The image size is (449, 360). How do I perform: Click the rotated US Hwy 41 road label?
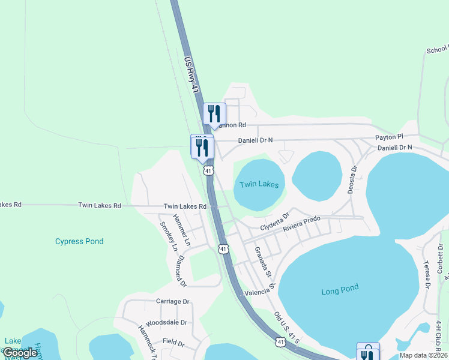click(x=191, y=74)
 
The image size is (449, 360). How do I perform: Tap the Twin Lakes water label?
click(x=259, y=184)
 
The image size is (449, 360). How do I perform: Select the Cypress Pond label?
click(x=79, y=241)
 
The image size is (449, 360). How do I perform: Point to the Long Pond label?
click(x=340, y=290)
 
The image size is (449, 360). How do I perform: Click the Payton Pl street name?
click(x=390, y=137)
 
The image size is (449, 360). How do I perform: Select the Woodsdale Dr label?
click(x=166, y=322)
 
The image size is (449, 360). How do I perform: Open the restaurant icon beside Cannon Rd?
click(x=214, y=114)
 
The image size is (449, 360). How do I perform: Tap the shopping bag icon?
click(x=367, y=353)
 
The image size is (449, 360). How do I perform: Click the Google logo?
click(x=20, y=353)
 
